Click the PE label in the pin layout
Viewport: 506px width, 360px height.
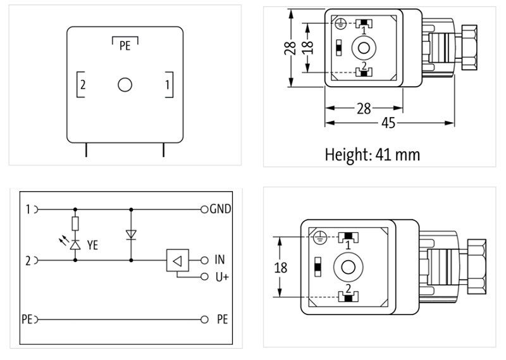click(x=125, y=47)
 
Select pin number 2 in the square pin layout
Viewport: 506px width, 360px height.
click(x=83, y=84)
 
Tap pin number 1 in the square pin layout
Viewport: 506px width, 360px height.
click(x=166, y=84)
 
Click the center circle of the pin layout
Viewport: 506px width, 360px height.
click(x=125, y=85)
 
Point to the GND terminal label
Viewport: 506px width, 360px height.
click(x=219, y=209)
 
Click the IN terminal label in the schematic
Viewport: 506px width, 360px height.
click(x=219, y=259)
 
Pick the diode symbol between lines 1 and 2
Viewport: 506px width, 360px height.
click(x=131, y=234)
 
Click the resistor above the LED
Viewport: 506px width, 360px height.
click(x=76, y=223)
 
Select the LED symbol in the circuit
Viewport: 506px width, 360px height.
click(x=76, y=244)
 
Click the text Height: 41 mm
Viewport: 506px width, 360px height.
click(x=372, y=154)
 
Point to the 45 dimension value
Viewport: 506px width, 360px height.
click(x=388, y=123)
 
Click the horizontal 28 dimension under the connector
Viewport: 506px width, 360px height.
click(x=363, y=108)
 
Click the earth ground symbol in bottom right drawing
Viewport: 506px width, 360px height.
click(x=320, y=238)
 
